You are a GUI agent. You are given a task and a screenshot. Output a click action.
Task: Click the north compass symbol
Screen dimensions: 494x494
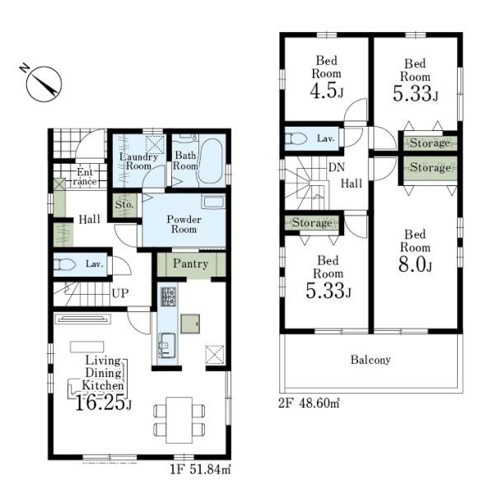(x=44, y=83)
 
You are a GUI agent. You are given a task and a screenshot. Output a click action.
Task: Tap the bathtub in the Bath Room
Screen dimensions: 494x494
(x=210, y=161)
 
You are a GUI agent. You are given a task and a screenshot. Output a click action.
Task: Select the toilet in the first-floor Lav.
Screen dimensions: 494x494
(x=64, y=264)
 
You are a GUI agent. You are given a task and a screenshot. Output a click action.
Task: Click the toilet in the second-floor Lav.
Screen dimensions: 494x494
(x=296, y=138)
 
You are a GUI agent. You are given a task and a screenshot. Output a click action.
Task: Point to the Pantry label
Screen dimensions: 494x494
(x=191, y=263)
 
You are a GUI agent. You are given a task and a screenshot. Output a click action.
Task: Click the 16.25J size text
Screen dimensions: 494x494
(x=103, y=403)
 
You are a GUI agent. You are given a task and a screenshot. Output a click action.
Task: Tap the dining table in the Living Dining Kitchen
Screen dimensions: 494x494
(x=179, y=420)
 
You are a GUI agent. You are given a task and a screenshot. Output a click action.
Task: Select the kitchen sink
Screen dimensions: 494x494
(x=167, y=345)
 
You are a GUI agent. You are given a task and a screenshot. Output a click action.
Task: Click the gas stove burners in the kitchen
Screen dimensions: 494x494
(x=169, y=296)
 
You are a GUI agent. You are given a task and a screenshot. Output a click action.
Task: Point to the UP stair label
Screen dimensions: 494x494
(x=120, y=293)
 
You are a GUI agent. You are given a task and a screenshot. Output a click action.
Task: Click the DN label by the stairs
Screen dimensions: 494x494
(x=337, y=167)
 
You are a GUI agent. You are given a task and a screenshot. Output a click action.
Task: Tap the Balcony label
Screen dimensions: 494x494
(x=370, y=360)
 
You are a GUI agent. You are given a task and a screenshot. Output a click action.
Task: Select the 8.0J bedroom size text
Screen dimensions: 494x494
(x=415, y=264)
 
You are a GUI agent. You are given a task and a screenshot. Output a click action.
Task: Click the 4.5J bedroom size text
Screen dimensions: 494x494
(x=326, y=91)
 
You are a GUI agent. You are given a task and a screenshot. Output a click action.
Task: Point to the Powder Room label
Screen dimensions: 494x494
(x=184, y=224)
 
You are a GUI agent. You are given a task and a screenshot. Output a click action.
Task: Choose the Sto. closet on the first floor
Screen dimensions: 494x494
(x=125, y=205)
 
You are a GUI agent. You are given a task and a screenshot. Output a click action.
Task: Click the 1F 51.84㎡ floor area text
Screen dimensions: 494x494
(x=200, y=469)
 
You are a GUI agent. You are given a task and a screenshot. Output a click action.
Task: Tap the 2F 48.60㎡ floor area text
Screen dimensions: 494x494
(x=309, y=403)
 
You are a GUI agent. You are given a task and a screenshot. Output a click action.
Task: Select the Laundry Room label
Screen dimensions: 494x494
(x=138, y=161)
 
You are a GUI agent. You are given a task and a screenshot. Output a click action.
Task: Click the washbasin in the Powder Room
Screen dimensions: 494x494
(x=213, y=202)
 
